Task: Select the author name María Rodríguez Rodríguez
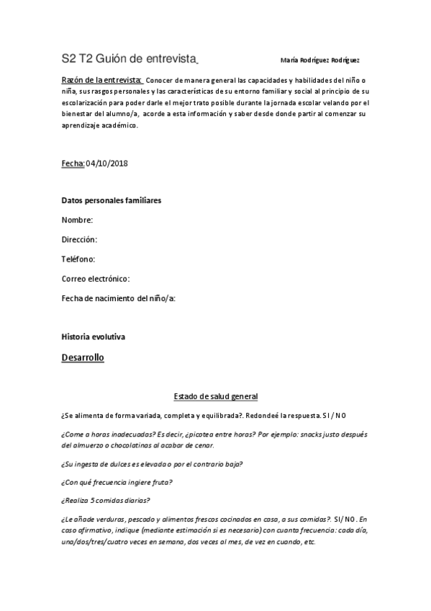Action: coord(320,61)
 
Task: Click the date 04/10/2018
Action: coord(108,164)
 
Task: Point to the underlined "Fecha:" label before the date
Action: coord(73,164)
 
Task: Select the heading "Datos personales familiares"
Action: coord(111,200)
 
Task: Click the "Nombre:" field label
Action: coord(77,220)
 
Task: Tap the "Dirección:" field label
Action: coord(79,239)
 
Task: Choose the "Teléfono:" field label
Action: coord(78,259)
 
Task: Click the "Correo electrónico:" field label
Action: coord(96,278)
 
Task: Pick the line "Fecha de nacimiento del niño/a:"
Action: coord(119,298)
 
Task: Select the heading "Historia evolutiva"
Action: coord(95,336)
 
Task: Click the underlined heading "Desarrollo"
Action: coord(83,357)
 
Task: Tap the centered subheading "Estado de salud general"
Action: coord(216,396)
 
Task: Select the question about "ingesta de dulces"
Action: coord(152,463)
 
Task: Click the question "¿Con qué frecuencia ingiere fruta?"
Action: coord(117,482)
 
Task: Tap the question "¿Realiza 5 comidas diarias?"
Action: coord(106,501)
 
